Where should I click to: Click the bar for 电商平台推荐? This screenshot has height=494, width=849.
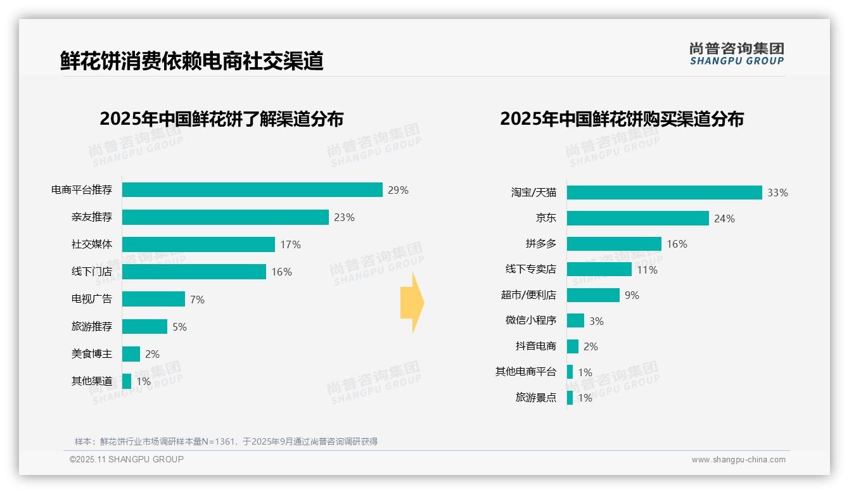click(x=252, y=190)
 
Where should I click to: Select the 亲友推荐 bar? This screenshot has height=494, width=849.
click(x=225, y=217)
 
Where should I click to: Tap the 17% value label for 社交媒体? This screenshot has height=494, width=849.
click(x=291, y=244)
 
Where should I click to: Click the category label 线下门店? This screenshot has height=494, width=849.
click(x=91, y=272)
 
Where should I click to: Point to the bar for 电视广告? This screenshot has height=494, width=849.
click(x=153, y=299)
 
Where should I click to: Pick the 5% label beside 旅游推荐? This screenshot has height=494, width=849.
click(x=179, y=327)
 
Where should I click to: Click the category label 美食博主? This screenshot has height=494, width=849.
click(x=91, y=354)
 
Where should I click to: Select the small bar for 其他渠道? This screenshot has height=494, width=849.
click(x=127, y=381)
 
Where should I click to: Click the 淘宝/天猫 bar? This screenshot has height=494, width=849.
click(x=664, y=193)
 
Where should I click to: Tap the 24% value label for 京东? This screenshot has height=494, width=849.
click(x=724, y=218)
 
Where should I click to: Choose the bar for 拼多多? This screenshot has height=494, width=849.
click(x=614, y=244)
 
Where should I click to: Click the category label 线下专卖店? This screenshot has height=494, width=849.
click(x=530, y=269)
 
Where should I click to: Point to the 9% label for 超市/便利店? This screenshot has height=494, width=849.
click(x=632, y=295)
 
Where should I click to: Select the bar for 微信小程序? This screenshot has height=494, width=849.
click(x=575, y=320)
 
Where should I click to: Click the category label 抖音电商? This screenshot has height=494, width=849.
click(x=535, y=346)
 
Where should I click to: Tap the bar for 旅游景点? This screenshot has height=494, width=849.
click(x=570, y=398)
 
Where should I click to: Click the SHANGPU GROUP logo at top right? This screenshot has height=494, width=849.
click(x=736, y=54)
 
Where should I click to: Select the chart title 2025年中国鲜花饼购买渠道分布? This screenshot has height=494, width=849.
click(x=622, y=119)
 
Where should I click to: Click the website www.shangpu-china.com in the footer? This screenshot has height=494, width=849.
click(x=738, y=460)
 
